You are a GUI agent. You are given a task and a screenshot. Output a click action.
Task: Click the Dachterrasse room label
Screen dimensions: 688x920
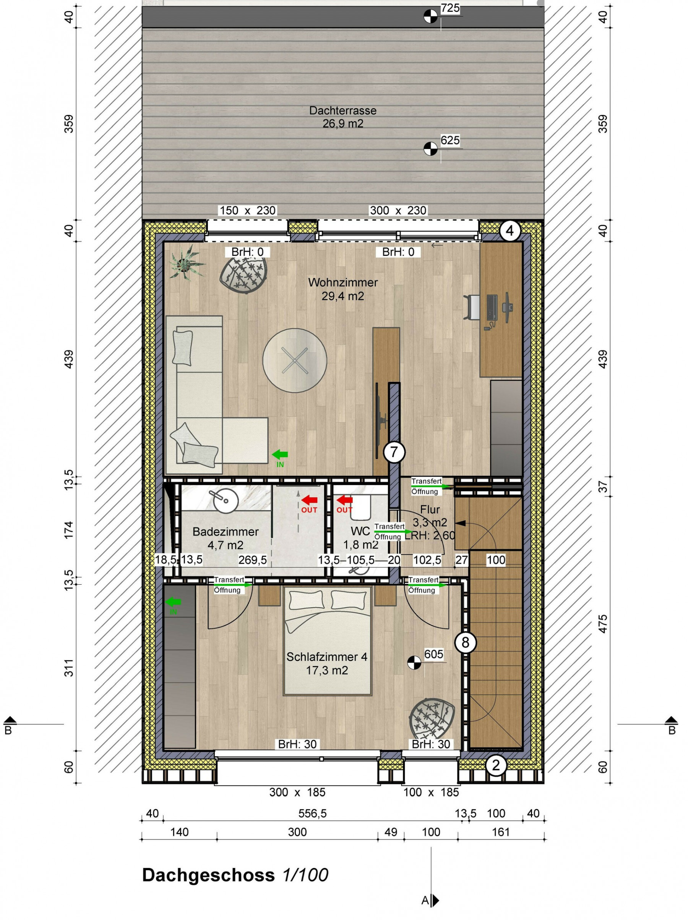[x=342, y=111]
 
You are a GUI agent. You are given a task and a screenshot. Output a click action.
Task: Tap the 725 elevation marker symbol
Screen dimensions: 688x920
[x=430, y=17]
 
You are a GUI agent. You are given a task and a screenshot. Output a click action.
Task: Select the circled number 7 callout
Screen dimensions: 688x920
[x=394, y=452]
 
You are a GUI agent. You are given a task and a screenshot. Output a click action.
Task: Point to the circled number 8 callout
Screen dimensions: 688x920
[x=465, y=643]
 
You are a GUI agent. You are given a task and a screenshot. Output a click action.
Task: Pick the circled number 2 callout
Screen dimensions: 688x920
[x=495, y=765]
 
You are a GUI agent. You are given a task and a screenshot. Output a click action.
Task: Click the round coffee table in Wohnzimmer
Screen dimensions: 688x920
[x=295, y=360]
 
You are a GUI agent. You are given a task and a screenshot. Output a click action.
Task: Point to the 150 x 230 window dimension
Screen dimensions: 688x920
[x=248, y=210]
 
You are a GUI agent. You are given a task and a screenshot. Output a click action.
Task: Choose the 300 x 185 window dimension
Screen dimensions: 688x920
[x=297, y=792]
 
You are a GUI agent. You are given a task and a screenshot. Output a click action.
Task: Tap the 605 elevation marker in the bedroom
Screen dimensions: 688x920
[x=414, y=663]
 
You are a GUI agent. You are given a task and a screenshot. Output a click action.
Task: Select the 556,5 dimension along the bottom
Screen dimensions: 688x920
[x=312, y=813]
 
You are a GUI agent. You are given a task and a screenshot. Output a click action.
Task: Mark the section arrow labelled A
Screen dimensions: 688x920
[x=435, y=901]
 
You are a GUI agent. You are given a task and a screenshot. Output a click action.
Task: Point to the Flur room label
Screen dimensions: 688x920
[x=430, y=509]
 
